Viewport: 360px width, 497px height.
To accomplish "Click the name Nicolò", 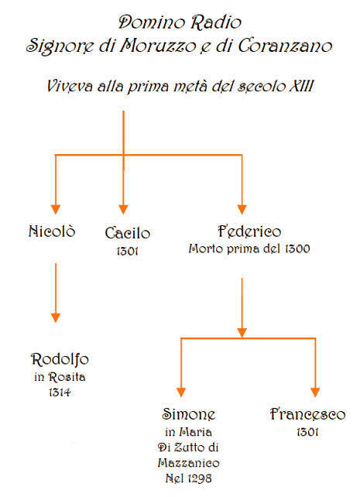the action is coord(52,231).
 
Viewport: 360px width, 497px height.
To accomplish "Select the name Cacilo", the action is coord(128,233).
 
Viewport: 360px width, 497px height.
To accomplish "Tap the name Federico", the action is coord(249,231).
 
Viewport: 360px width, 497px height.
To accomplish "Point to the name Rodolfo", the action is coord(60,359).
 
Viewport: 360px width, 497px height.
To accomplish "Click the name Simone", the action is coord(189,414).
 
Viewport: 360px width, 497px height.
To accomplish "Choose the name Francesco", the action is coord(307,414).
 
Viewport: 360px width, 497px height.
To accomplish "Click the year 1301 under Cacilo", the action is coord(128,251).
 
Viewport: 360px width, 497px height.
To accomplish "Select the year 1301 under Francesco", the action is coord(307,432).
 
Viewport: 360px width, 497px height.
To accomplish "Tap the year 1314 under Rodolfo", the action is coord(60,392).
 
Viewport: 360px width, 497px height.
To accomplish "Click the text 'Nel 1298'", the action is coord(189,478).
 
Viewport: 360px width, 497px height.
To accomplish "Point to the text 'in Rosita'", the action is coord(60,377).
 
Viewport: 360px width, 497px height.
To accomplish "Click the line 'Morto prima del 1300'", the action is coord(249,248).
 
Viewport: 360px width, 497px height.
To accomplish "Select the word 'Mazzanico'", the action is coord(189,463).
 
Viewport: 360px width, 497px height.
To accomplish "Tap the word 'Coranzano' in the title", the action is coord(285,46).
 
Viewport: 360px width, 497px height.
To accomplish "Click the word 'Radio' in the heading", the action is coord(216,22).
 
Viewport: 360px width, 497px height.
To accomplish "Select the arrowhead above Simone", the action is coord(181,392).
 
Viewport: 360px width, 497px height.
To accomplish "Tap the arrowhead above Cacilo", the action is coord(123,210).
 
